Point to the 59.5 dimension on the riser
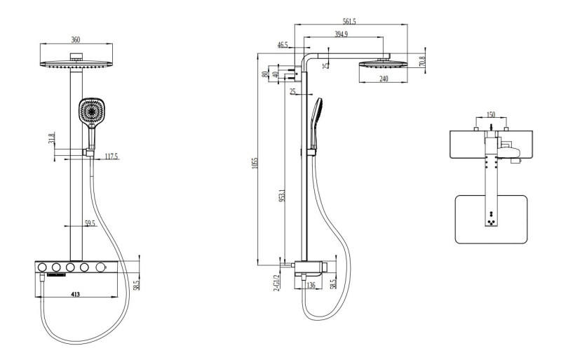click(89, 222)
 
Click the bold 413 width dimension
click(75, 295)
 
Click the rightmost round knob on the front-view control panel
click(102, 267)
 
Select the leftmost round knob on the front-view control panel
click(42, 267)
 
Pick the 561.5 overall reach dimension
click(346, 22)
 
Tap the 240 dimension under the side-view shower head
click(384, 79)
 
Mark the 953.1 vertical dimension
click(281, 194)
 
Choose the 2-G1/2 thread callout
click(277, 283)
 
